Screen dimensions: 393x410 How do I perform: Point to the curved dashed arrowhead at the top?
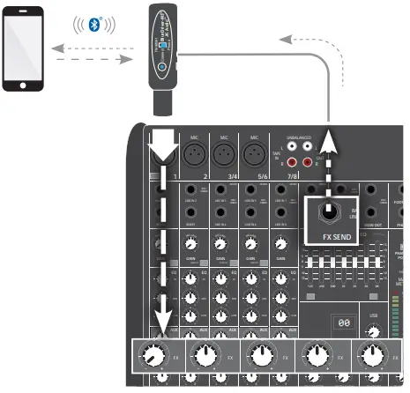[285, 38]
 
